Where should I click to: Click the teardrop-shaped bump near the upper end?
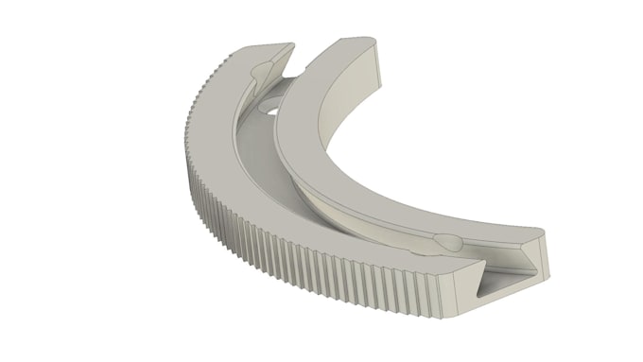click(262, 72)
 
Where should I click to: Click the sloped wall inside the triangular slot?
click(515, 265)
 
